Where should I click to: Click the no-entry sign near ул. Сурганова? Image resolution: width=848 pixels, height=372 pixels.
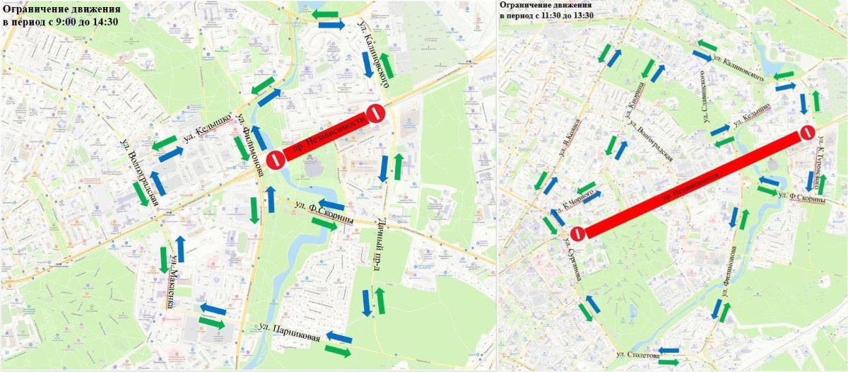click(577, 233)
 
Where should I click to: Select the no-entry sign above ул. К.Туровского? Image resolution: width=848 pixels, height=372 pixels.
click(807, 133)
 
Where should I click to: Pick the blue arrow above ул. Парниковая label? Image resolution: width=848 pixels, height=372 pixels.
click(338, 336)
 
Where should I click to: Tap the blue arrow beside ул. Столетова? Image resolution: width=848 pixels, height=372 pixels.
click(668, 350)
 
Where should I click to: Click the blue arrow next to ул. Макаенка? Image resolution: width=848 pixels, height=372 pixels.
click(180, 249)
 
